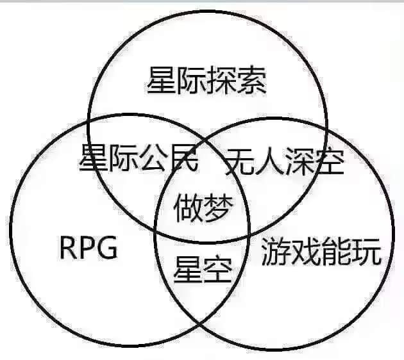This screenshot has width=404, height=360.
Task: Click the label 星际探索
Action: coord(206,81)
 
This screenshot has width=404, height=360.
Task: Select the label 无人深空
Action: coord(285,161)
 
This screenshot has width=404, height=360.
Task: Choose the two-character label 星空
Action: coord(201,270)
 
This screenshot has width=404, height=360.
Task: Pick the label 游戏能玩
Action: coord(321,253)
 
